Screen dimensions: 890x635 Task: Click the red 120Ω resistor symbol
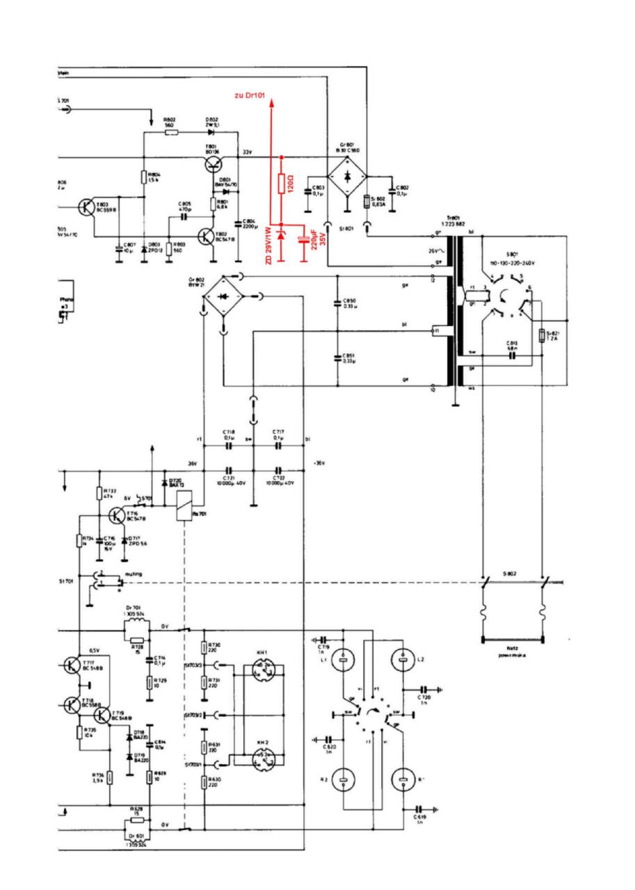282,184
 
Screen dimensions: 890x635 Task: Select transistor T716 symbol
118,515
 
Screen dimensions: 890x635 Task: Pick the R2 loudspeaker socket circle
342,780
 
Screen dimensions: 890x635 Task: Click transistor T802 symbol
206,236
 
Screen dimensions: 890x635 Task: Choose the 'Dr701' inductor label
133,609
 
